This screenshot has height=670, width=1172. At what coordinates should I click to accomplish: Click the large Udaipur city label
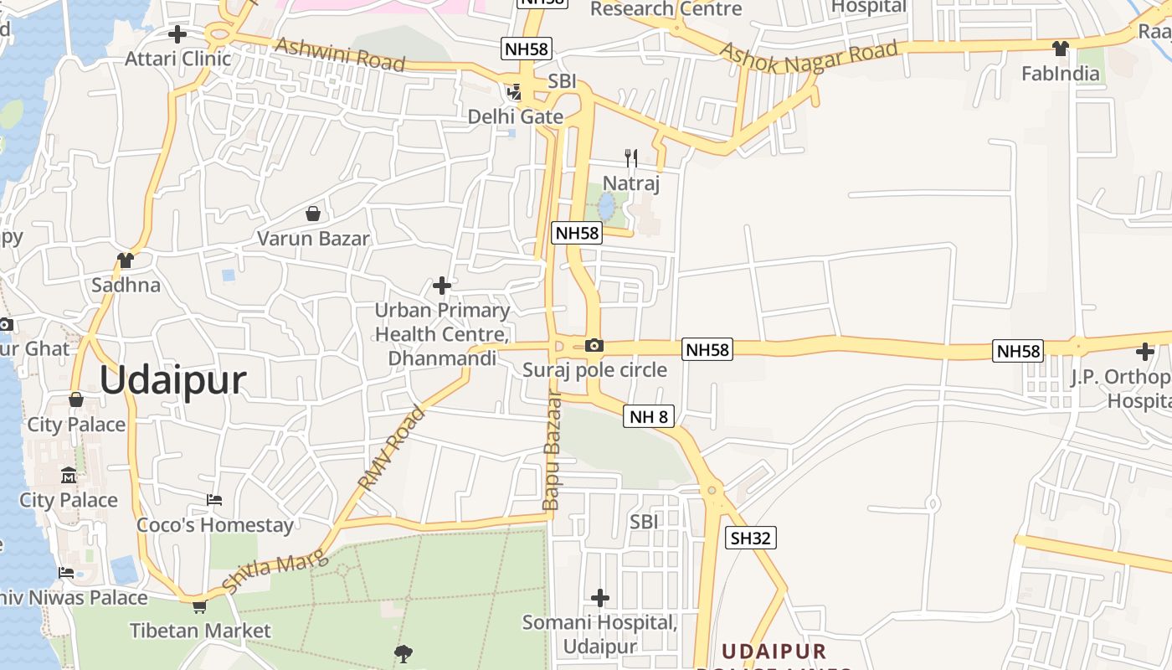point(173,381)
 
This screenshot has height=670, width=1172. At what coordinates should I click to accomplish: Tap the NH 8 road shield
point(648,416)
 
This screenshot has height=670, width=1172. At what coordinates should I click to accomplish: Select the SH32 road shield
point(750,538)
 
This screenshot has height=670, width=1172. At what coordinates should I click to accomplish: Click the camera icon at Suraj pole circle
point(594,346)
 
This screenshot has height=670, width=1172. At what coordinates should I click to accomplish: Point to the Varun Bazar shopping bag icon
point(312,214)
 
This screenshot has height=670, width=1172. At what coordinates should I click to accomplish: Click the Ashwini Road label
point(340,54)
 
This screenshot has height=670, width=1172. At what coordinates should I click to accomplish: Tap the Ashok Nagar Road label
point(809,54)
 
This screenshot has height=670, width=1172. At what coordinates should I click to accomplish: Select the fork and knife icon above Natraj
point(631,157)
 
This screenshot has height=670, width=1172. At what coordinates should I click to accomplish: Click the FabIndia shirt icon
point(1061,49)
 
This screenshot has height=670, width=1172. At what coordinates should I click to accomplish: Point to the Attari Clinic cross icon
point(177,34)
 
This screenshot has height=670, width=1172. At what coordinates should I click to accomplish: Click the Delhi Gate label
point(515,116)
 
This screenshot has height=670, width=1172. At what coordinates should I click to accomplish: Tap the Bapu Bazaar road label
point(552,451)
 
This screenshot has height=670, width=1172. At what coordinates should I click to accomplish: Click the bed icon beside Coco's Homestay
point(214,500)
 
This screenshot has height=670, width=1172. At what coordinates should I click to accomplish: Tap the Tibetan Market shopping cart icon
point(199,606)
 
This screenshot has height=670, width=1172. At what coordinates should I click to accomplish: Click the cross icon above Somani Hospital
point(599,598)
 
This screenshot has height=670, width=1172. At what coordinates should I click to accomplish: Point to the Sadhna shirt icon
point(126,260)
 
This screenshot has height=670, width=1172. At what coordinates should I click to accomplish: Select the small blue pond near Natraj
point(606,206)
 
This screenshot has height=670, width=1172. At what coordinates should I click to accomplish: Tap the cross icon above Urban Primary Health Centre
point(441,286)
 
